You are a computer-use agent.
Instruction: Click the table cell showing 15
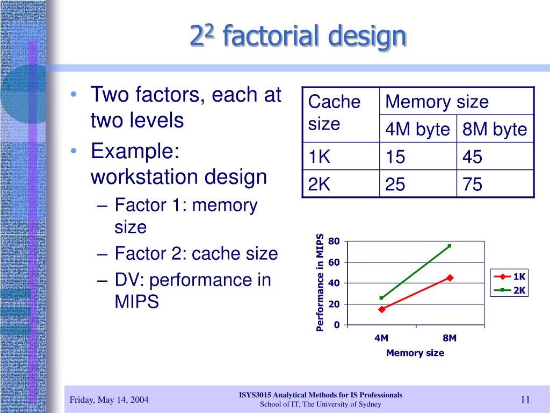[x=418, y=156]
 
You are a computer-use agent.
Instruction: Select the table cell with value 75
[x=495, y=184]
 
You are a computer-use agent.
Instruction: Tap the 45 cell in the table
[x=495, y=156]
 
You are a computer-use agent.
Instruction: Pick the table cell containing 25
[x=418, y=184]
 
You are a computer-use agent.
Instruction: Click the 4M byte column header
[x=418, y=129]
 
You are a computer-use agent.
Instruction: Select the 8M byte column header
[x=495, y=129]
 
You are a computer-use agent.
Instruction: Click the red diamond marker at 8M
[x=450, y=278]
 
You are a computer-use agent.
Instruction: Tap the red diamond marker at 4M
[x=382, y=309]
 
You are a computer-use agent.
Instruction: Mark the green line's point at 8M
[x=450, y=246]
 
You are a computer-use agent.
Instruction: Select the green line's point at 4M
[x=382, y=298]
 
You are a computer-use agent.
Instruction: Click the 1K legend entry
[x=509, y=277]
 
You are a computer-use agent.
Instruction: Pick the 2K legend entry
[x=509, y=290]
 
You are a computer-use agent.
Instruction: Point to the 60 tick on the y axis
[x=334, y=262]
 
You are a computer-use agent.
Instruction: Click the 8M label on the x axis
[x=450, y=338]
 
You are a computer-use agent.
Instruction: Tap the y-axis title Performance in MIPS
[x=320, y=283]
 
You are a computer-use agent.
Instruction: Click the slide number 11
[x=525, y=400]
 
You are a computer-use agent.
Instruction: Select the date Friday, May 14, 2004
[x=109, y=400]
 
